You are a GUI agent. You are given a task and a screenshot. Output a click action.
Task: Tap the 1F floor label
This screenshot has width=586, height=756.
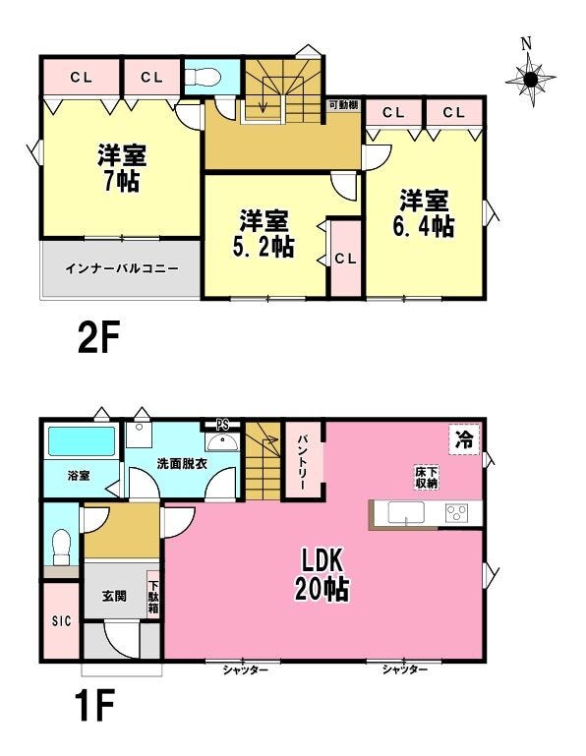94,705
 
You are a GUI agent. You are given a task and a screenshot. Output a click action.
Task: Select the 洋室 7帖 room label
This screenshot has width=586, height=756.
122,167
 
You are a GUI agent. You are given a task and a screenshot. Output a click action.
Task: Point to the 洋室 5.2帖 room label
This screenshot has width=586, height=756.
264,233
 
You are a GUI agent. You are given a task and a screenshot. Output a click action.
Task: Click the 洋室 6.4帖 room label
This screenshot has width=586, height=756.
424,213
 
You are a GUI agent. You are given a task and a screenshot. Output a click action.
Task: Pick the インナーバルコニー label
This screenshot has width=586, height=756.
122,268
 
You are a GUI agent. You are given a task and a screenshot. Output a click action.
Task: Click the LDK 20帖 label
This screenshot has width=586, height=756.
322,575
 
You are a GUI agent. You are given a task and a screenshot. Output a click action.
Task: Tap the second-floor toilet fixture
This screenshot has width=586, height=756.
204,77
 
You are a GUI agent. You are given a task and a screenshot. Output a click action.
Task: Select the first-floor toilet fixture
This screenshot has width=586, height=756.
61,547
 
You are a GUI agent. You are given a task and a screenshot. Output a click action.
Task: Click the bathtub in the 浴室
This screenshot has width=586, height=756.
82,441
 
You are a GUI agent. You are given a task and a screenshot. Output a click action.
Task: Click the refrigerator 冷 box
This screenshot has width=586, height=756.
464,439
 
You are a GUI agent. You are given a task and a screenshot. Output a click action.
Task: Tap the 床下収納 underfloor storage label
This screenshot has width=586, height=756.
427,477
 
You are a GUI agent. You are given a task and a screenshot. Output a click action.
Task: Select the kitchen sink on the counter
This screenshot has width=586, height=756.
406,512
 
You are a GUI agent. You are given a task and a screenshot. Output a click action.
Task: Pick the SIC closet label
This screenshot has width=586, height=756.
61,621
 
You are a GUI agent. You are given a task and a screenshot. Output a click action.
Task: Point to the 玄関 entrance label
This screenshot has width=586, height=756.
114,596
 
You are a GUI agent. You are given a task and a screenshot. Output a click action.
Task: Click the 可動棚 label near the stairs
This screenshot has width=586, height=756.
343,104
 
